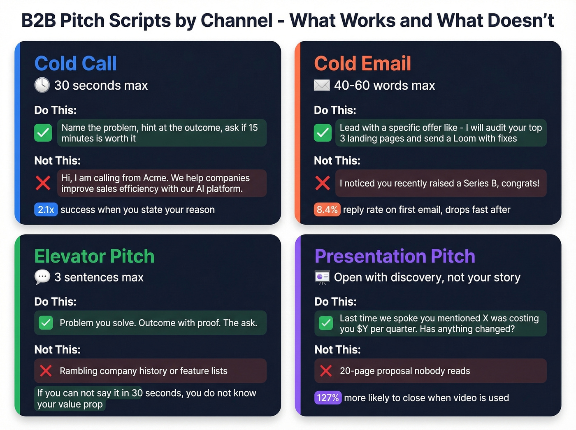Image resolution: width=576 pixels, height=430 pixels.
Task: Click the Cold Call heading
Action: pyautogui.click(x=75, y=64)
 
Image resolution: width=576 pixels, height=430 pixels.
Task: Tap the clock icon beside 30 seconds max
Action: pyautogui.click(x=42, y=85)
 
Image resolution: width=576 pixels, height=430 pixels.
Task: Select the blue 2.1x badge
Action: pyautogui.click(x=46, y=210)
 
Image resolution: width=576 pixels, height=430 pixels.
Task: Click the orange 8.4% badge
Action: pyautogui.click(x=327, y=210)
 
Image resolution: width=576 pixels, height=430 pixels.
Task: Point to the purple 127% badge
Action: pyautogui.click(x=327, y=398)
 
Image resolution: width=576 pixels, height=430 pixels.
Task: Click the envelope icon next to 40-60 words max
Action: pyautogui.click(x=322, y=85)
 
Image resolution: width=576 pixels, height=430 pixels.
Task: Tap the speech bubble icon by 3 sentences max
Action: pyautogui.click(x=42, y=277)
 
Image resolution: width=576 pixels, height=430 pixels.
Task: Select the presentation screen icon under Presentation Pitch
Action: pyautogui.click(x=322, y=277)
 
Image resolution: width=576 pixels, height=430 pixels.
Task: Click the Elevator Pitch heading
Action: pyautogui.click(x=94, y=256)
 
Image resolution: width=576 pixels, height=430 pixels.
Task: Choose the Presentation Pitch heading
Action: pyautogui.click(x=395, y=256)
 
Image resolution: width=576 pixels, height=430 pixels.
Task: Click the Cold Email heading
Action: pyautogui.click(x=362, y=64)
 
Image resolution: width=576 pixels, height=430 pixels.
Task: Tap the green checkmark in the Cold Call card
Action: pyautogui.click(x=43, y=133)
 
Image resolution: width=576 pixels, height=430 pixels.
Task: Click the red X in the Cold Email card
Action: pyautogui.click(x=323, y=183)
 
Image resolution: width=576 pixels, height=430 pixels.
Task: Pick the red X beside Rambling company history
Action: pyautogui.click(x=46, y=371)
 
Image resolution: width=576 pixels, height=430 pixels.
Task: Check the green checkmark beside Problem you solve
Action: pyautogui.click(x=46, y=323)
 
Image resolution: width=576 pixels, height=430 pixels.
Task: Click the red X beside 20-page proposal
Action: pyautogui.click(x=326, y=371)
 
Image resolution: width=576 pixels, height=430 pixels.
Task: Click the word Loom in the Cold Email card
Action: pyautogui.click(x=464, y=139)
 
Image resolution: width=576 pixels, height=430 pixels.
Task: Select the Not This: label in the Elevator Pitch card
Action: pyautogui.click(x=57, y=350)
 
